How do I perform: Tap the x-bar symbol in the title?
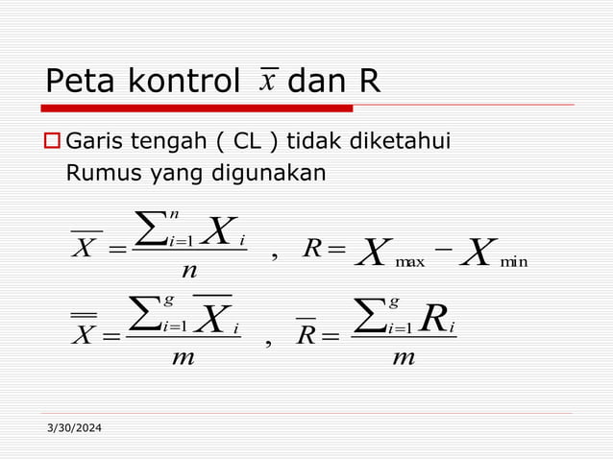(267, 79)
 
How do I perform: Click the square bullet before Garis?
(54, 145)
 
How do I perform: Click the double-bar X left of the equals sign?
(85, 331)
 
